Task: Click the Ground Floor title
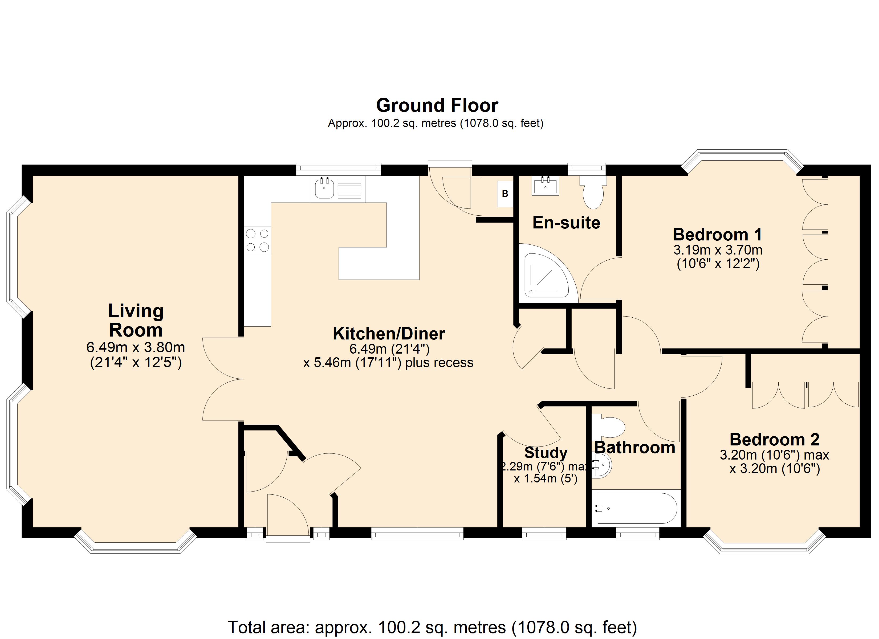coord(437,105)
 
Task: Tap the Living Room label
coord(136,321)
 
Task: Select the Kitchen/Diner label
coord(389,334)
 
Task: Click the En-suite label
coord(566,223)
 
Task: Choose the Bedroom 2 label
coord(774,439)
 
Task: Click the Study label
coord(546,453)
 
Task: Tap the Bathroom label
coord(635,448)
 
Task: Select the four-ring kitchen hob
coord(257,240)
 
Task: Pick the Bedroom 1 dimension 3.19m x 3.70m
coord(718,250)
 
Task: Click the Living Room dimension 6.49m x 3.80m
coord(136,347)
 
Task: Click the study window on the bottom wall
coord(544,534)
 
